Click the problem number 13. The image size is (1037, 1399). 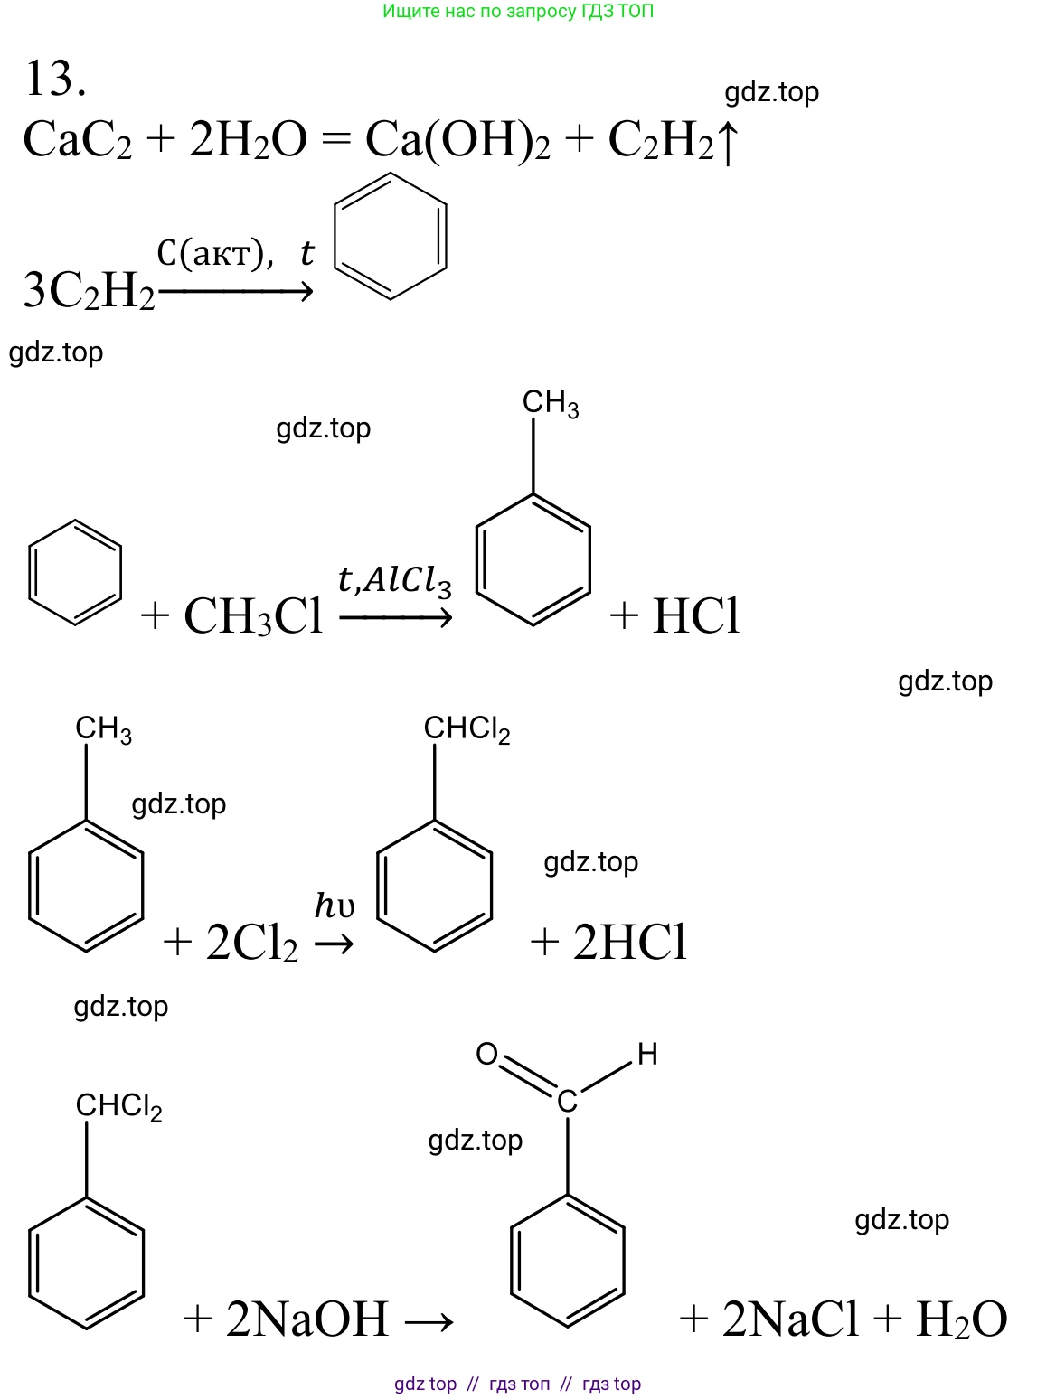click(x=56, y=79)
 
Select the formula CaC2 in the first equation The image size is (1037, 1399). click(x=78, y=141)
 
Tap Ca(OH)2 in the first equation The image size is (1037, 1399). click(x=457, y=141)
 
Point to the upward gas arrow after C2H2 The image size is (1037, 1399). click(x=728, y=143)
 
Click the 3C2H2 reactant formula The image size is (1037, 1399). click(x=89, y=291)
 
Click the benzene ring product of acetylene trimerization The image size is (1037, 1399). click(x=391, y=236)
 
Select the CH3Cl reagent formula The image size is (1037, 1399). click(x=253, y=616)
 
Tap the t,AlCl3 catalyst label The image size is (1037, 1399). click(x=394, y=580)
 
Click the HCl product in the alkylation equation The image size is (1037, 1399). click(x=696, y=616)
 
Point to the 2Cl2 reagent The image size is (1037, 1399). click(x=251, y=944)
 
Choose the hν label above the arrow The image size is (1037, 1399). click(x=334, y=905)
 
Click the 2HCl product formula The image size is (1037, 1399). click(x=629, y=943)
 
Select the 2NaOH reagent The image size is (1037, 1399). click(x=307, y=1319)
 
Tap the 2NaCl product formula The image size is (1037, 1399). click(x=790, y=1319)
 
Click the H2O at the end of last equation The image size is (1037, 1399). click(x=961, y=1319)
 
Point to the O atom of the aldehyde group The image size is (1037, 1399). click(x=487, y=1055)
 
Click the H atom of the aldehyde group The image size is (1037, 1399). click(x=647, y=1054)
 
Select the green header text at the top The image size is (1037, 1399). click(x=518, y=12)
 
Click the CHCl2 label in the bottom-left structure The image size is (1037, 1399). click(x=118, y=1106)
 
